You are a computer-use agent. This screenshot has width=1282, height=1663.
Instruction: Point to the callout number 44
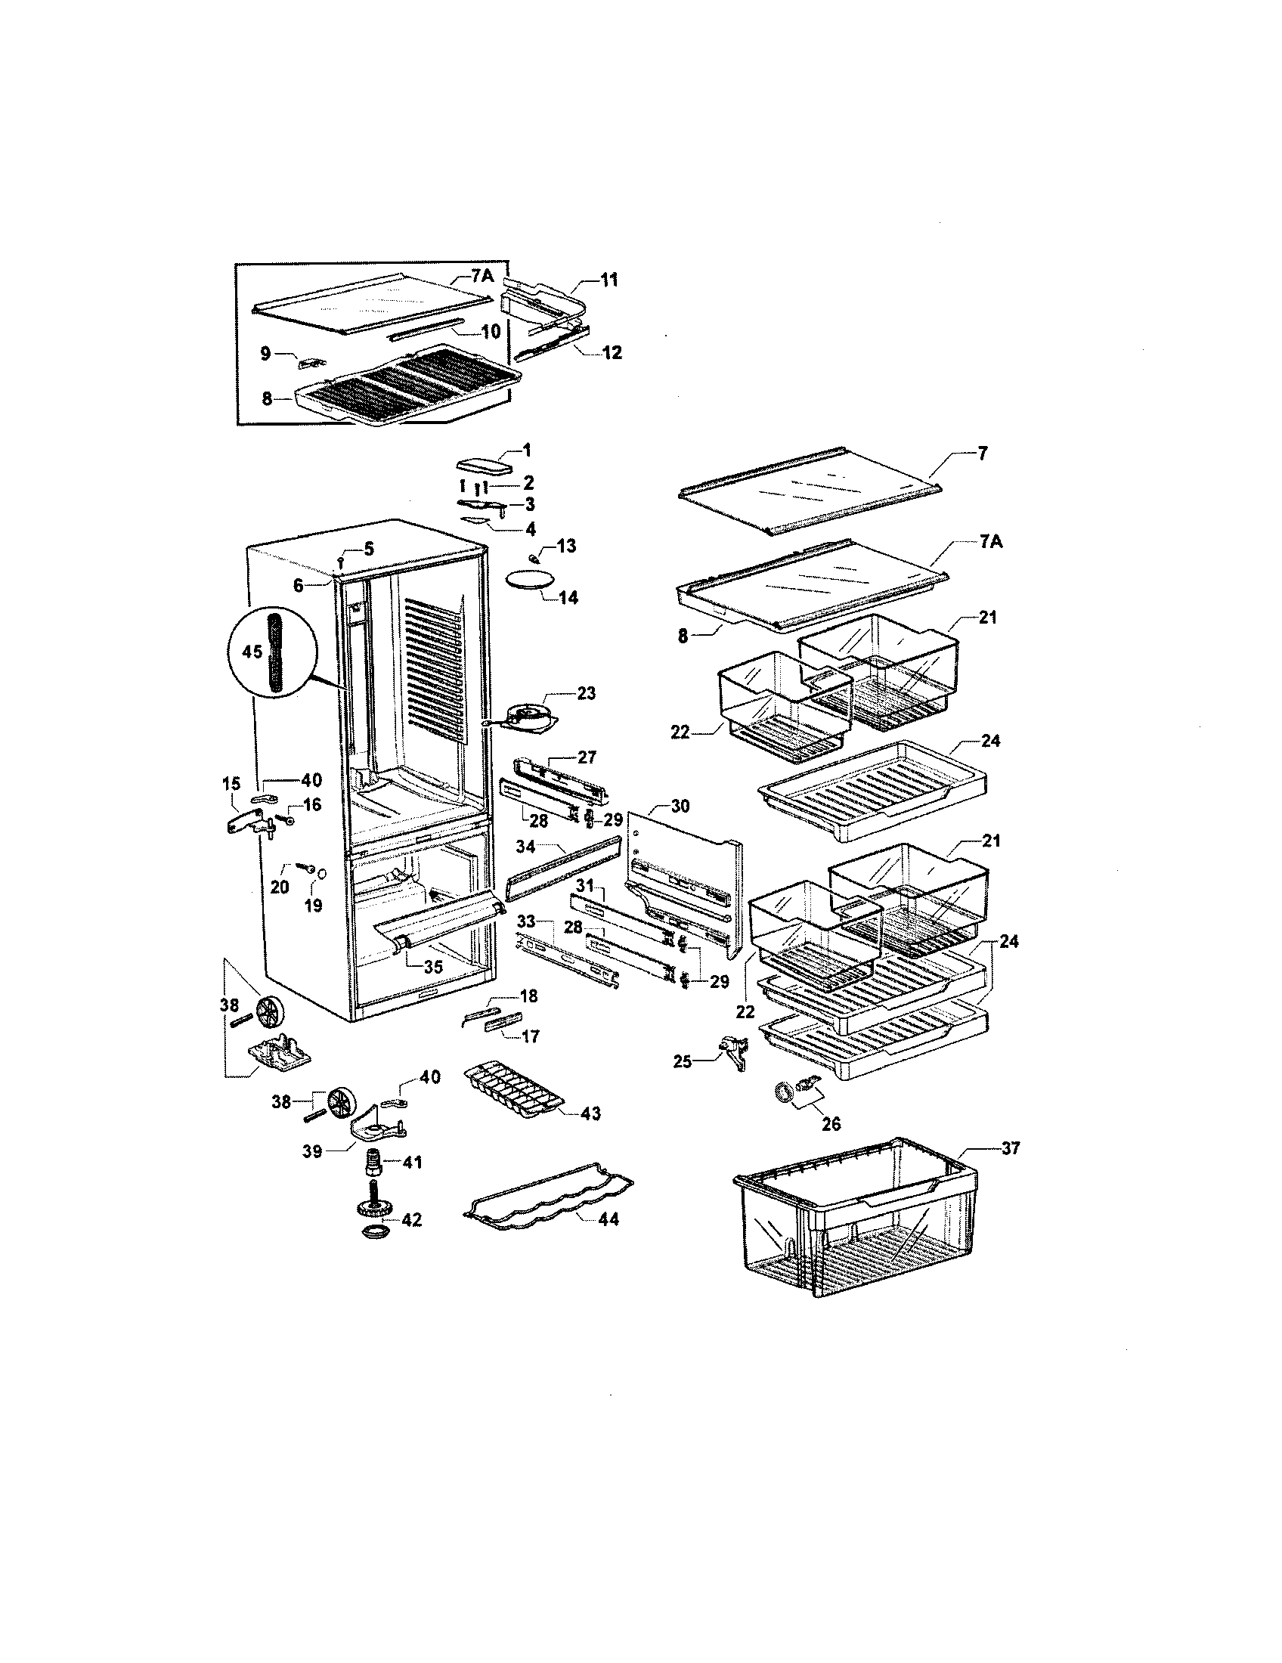(608, 1219)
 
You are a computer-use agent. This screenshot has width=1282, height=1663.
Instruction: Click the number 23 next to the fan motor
(586, 694)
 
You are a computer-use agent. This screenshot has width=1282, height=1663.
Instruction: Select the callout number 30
(680, 807)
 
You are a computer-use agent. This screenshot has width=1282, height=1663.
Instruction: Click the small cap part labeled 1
(484, 464)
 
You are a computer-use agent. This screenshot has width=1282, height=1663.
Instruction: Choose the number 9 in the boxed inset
(265, 353)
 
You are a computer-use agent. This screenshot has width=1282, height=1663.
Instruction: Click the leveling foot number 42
(412, 1219)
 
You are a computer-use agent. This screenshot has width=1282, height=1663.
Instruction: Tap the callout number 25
(683, 1061)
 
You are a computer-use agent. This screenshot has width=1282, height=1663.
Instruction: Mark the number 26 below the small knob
(831, 1123)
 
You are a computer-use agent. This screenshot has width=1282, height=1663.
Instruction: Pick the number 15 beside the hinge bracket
(231, 784)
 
